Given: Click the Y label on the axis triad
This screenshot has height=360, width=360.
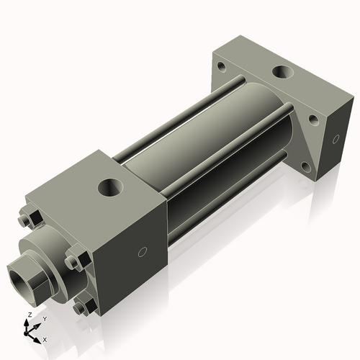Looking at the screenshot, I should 44,318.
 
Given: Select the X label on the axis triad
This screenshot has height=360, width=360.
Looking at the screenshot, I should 45,338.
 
